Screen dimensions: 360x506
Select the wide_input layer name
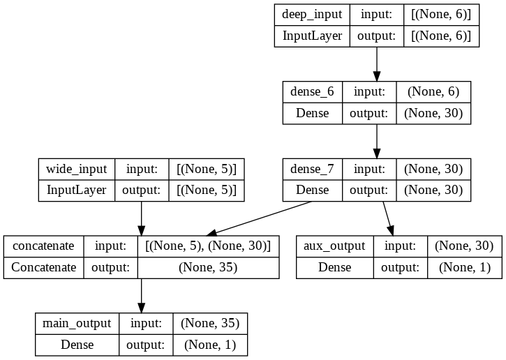point(76,170)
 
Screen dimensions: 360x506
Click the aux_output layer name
point(334,246)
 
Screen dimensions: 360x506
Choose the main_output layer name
point(77,324)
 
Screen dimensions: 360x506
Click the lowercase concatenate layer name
point(43,246)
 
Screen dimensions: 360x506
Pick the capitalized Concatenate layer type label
point(43,267)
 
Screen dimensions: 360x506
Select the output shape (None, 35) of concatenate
point(208,267)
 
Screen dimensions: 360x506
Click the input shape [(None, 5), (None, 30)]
point(208,246)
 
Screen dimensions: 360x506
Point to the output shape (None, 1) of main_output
point(209,345)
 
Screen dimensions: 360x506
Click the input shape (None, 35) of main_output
point(209,324)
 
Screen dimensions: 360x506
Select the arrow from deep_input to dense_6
point(377,65)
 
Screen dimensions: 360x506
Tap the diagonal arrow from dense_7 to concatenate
point(262,219)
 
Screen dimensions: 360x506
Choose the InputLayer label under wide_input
point(76,190)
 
